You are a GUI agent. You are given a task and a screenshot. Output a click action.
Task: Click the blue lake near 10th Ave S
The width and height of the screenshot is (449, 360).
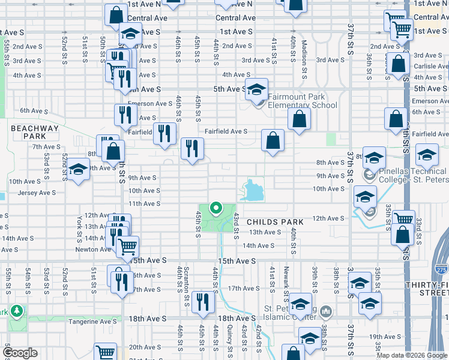(253, 191)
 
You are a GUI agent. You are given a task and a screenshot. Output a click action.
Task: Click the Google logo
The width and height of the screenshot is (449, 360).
(20, 353)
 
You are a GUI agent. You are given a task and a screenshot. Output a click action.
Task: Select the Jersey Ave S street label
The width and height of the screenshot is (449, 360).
(37, 193)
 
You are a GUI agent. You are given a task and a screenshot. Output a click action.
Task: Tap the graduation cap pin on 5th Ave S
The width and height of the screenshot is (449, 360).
(256, 90)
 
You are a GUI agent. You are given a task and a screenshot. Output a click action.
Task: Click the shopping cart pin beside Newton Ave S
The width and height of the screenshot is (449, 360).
(127, 245)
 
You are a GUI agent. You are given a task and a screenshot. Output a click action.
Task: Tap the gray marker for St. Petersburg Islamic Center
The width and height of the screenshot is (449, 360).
(326, 311)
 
